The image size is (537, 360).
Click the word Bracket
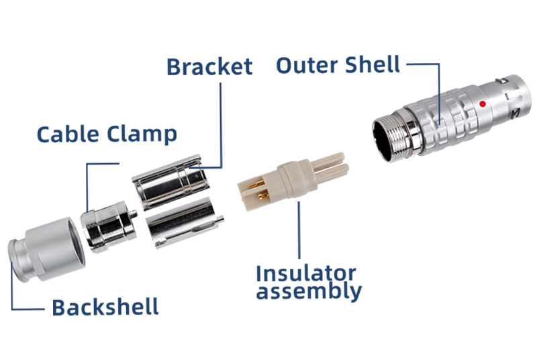pyautogui.click(x=209, y=67)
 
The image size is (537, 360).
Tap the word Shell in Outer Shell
pyautogui.click(x=373, y=66)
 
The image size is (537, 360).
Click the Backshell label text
pyautogui.click(x=105, y=308)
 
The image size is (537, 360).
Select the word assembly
pyautogui.click(x=309, y=292)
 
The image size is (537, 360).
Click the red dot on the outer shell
pyautogui.click(x=482, y=104)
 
